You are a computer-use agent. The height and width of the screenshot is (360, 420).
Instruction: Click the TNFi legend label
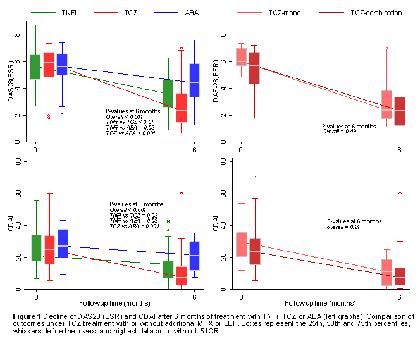pos(71,12)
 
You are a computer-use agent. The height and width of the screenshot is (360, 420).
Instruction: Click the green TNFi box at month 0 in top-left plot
pos(35,67)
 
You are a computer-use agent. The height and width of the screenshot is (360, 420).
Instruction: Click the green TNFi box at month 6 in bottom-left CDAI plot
pos(168,269)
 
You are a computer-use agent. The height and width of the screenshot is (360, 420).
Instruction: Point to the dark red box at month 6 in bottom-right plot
pos(400,276)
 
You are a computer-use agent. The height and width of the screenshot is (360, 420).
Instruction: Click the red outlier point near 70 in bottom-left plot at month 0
pos(49,176)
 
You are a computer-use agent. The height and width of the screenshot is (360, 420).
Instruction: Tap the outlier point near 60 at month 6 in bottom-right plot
pos(400,193)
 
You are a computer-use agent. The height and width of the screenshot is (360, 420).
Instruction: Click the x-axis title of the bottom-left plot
pos(115,302)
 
